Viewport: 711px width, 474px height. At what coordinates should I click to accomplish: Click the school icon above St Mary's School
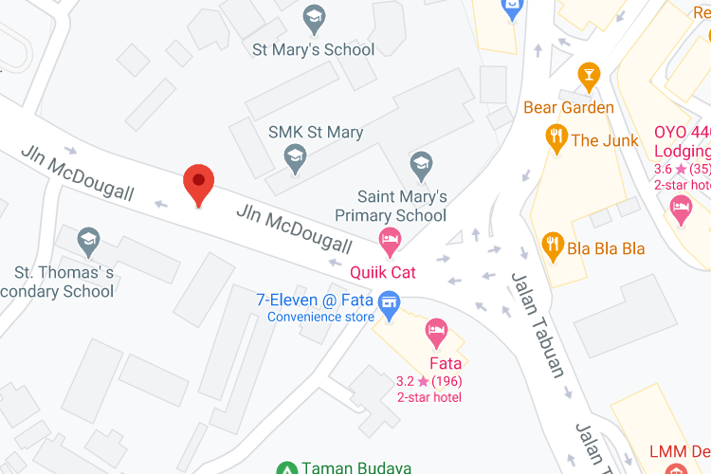click(x=314, y=17)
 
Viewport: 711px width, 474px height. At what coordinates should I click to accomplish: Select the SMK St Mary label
click(x=316, y=132)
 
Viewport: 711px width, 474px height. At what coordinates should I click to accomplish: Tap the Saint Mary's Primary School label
click(x=403, y=206)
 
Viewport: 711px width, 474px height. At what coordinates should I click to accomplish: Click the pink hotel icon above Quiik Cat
click(x=389, y=242)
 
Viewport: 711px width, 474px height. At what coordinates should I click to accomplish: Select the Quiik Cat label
click(x=383, y=273)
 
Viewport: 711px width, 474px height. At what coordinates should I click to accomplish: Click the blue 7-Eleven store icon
click(x=388, y=303)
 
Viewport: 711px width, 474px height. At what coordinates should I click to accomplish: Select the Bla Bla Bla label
click(x=606, y=249)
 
